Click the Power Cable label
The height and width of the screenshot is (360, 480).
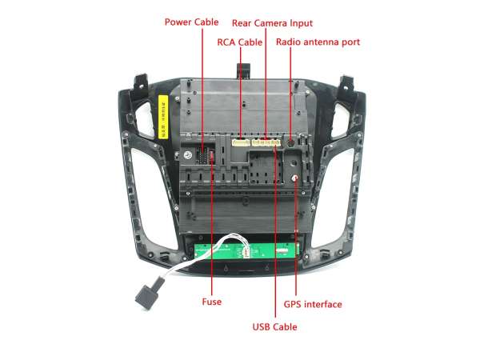point(192,22)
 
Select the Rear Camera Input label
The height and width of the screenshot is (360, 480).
point(272,23)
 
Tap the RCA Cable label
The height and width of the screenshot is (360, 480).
point(240,42)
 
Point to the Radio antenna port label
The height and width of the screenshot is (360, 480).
point(318,42)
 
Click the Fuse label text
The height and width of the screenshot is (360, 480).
point(211,302)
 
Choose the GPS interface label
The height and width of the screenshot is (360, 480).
point(313,304)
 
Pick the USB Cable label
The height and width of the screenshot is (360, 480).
point(274,327)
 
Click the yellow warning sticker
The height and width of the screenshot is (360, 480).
point(163,117)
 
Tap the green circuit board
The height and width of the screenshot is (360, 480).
point(246,251)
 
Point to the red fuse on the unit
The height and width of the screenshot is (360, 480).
point(211,155)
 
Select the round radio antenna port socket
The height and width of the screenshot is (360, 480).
point(290,142)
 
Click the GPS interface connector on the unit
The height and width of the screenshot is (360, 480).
point(294,178)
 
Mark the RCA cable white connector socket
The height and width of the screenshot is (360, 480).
point(241,142)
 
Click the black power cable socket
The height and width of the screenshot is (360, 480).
point(202,156)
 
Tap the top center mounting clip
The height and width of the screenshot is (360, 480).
point(243,70)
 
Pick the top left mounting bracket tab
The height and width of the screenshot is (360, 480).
point(141,82)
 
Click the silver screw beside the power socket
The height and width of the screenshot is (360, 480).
point(188,155)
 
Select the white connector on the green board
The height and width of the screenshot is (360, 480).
point(246,252)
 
